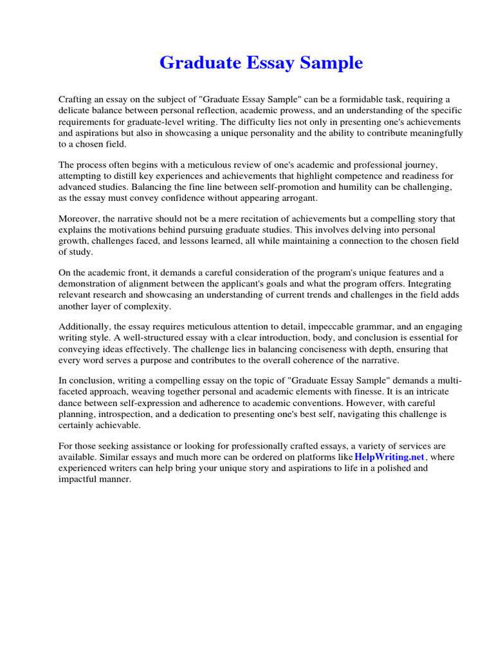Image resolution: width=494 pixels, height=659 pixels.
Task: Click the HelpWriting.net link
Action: [x=390, y=457]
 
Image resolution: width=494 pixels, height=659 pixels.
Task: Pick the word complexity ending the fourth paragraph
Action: [x=149, y=306]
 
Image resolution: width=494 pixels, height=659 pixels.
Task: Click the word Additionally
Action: [x=85, y=326]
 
